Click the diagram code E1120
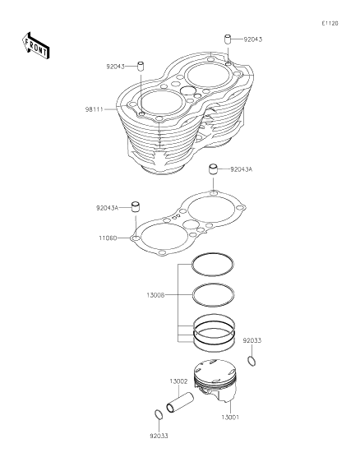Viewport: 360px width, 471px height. click(330, 24)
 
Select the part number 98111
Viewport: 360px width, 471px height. click(94, 108)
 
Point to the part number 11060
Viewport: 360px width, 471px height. click(107, 238)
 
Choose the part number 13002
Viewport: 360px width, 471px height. click(178, 381)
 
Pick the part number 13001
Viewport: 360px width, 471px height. click(230, 418)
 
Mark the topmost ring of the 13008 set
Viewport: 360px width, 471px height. click(212, 263)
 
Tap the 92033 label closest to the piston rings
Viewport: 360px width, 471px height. click(252, 339)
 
